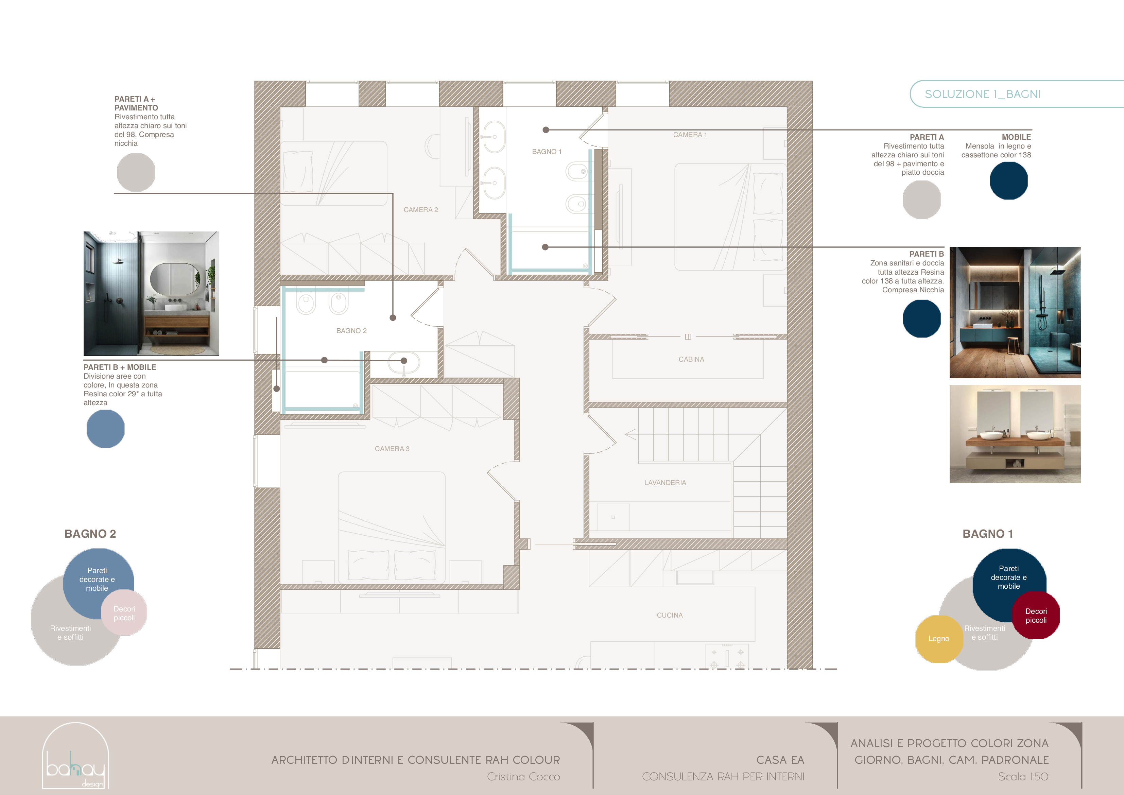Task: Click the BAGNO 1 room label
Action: click(547, 152)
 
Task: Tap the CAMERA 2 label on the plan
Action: click(420, 210)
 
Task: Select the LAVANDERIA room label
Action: click(665, 483)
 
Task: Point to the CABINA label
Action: click(691, 359)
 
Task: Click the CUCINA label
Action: click(670, 615)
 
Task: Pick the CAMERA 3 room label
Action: click(392, 449)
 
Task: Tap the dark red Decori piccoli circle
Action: click(1036, 615)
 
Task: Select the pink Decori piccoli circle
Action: click(124, 612)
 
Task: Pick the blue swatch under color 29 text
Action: click(105, 429)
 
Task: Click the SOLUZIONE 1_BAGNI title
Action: click(983, 94)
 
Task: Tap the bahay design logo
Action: click(75, 756)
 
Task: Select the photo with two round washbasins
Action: click(1015, 434)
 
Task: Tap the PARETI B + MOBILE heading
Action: click(120, 367)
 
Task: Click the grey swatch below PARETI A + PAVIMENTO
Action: click(136, 172)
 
